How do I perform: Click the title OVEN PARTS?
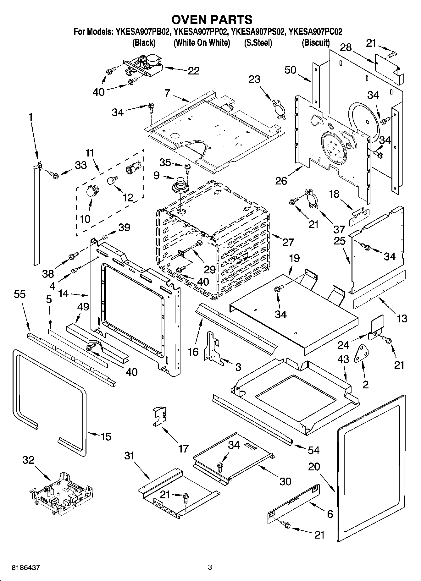[211, 19]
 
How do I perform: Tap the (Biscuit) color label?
[316, 43]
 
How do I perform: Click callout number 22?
[193, 71]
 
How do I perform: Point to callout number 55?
[20, 294]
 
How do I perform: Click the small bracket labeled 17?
[160, 416]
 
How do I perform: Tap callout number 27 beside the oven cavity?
[288, 242]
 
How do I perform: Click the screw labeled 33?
[55, 175]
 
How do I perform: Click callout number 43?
[343, 359]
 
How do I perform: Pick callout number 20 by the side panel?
[314, 467]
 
